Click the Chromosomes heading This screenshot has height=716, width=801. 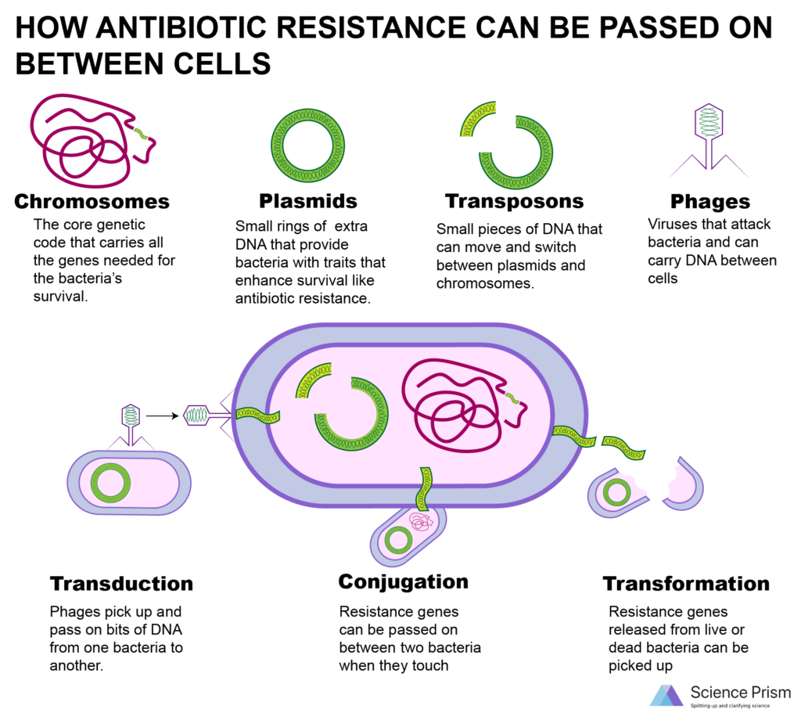[92, 201]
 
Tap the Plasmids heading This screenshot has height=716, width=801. [308, 201]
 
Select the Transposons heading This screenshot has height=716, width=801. [515, 201]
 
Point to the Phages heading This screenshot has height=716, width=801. [710, 202]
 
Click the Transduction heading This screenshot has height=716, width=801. [121, 584]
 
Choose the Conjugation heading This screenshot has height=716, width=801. [404, 582]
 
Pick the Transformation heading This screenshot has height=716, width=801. [686, 584]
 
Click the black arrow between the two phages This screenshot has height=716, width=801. [163, 416]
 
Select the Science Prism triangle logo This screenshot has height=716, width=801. [666, 696]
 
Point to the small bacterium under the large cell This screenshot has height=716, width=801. [408, 535]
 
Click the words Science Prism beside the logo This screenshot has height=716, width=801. [740, 693]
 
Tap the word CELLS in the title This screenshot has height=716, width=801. [222, 64]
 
